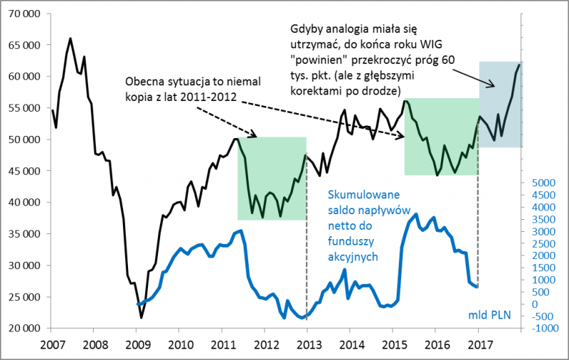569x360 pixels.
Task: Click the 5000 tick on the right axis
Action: pyautogui.click(x=541, y=183)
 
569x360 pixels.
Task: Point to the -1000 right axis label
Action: pyautogui.click(x=541, y=328)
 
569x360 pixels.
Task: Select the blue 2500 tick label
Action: pyautogui.click(x=541, y=243)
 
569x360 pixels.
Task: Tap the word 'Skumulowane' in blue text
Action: pyautogui.click(x=364, y=194)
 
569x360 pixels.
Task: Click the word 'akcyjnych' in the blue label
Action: pyautogui.click(x=353, y=257)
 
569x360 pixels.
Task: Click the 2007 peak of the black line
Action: pyautogui.click(x=70, y=38)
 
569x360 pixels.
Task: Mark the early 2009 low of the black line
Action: pyautogui.click(x=141, y=318)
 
